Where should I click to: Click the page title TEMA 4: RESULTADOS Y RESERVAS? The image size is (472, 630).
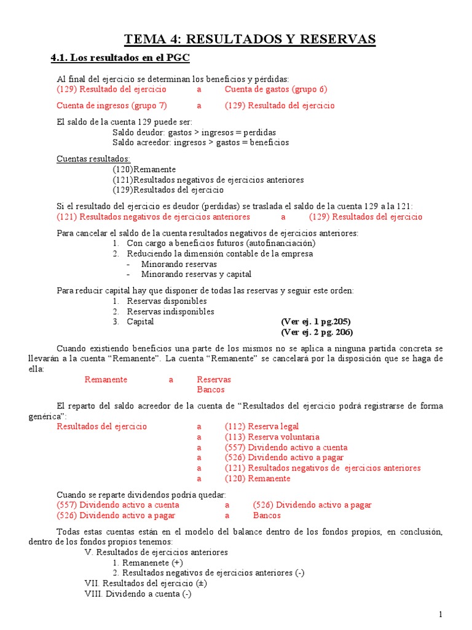[250, 40]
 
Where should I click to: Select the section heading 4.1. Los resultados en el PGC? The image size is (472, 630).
[120, 58]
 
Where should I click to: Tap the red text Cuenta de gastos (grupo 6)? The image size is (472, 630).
[276, 89]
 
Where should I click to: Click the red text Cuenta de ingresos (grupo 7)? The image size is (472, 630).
[111, 105]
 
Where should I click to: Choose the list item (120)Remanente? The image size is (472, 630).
[144, 169]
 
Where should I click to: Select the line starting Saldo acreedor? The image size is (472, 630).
[201, 142]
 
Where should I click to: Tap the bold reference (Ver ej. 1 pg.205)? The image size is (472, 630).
[315, 322]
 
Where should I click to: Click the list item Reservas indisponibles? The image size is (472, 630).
[170, 311]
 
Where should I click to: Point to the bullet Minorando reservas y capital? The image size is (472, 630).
[196, 274]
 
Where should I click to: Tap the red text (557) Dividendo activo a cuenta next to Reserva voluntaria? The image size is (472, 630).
[286, 447]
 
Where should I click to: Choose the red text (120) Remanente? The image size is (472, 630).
[258, 478]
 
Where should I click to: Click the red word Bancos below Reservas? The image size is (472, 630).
[211, 389]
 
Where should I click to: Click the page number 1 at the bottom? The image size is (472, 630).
[441, 615]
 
